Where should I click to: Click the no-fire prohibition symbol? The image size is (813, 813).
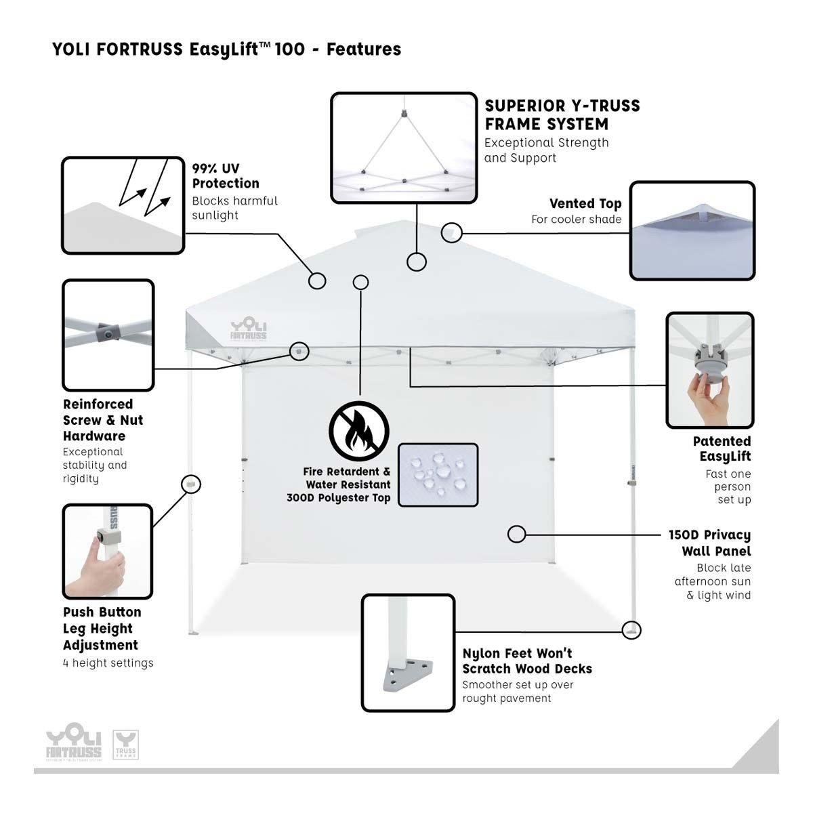point(359,431)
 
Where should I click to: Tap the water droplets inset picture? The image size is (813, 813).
point(438,474)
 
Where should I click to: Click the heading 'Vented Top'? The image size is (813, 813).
point(585,203)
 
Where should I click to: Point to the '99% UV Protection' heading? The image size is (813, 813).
point(226,175)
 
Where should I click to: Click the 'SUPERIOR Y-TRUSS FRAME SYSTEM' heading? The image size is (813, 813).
point(562,114)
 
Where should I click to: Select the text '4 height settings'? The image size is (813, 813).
point(108,663)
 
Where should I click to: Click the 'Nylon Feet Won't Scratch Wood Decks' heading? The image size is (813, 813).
point(527,661)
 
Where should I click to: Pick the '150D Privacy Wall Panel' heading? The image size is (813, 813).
point(709,543)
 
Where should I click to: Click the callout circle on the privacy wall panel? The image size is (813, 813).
point(516,534)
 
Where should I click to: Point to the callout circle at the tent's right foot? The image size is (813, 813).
point(632,629)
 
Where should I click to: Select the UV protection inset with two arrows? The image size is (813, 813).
point(123,205)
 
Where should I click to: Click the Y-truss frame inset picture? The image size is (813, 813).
point(403,148)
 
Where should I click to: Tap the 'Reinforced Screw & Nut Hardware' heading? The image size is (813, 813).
point(103,420)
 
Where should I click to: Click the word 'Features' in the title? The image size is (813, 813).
point(364,49)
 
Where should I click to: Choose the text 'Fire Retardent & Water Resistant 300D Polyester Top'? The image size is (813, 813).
point(347,484)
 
